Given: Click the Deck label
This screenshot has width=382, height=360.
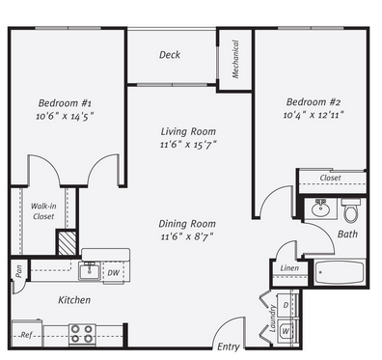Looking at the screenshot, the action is click(x=170, y=55).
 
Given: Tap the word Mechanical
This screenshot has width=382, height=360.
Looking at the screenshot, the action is click(x=235, y=59).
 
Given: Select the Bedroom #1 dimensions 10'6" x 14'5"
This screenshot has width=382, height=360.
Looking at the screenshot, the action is click(x=65, y=116).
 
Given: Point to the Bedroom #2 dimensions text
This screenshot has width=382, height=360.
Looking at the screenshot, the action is click(x=314, y=115).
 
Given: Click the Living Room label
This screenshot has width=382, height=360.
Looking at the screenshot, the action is click(x=188, y=131).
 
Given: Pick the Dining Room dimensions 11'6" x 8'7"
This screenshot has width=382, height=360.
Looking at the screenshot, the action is click(x=187, y=236).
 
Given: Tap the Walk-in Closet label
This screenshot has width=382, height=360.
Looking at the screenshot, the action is click(x=43, y=211).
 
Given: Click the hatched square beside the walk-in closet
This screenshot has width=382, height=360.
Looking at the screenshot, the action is click(x=67, y=243).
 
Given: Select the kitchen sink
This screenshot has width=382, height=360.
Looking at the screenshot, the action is click(x=90, y=272).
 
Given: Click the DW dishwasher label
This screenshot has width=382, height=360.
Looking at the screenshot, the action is click(x=113, y=273).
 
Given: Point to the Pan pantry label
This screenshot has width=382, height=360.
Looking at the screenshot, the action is click(x=19, y=271).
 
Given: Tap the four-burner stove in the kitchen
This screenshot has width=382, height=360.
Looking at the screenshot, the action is click(x=82, y=334).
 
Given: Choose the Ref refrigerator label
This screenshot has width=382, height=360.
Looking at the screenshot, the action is click(x=27, y=335).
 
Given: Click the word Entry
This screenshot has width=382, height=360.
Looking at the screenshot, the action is click(x=229, y=346).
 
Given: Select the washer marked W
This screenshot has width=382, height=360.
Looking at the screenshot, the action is click(x=285, y=331).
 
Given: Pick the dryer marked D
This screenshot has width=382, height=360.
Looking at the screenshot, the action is click(x=286, y=305).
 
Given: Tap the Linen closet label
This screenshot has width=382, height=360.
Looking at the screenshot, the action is click(x=289, y=268).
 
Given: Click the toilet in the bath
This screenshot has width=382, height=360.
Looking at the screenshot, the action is click(x=351, y=210).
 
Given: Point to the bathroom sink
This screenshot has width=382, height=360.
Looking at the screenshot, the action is click(x=320, y=208).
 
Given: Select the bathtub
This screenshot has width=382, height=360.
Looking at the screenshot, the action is click(x=340, y=273).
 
